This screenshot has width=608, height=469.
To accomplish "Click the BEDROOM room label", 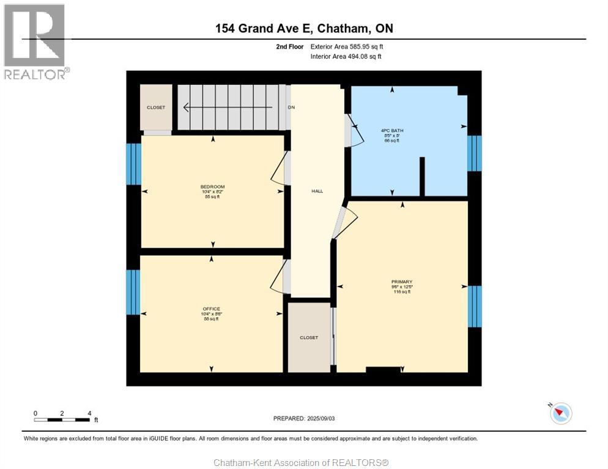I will (212, 187).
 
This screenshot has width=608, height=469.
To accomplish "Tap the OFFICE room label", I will (212, 309).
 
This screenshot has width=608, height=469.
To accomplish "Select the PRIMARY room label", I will (402, 282).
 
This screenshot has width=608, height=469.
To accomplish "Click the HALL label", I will (317, 191).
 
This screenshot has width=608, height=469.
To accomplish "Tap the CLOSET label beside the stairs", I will (156, 107).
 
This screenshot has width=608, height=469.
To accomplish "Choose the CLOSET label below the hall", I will (309, 337).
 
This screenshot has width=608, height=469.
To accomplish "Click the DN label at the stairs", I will (291, 107).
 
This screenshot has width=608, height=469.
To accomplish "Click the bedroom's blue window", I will (134, 164).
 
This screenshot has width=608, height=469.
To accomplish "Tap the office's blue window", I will (133, 292).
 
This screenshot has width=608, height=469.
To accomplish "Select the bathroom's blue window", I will (475, 153).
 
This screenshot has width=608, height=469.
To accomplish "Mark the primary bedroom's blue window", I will (475, 306).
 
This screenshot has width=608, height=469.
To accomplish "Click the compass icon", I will (560, 413).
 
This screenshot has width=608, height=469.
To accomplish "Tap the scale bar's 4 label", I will (89, 413).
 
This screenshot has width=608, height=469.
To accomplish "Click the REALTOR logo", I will (35, 42).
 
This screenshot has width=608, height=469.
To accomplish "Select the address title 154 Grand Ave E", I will (304, 28).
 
